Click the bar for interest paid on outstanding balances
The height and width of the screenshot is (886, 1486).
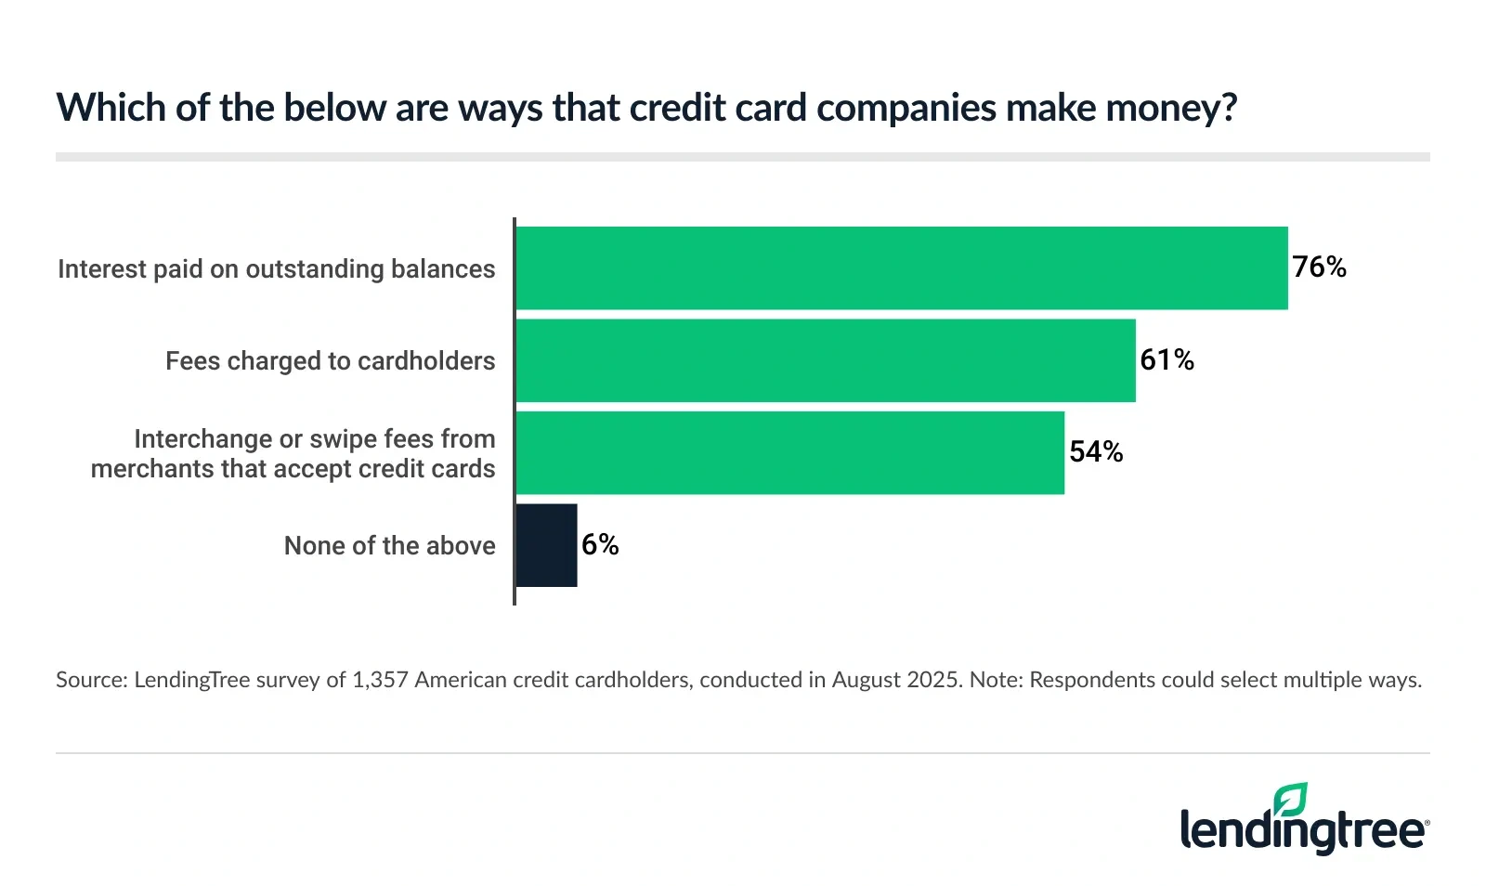pos(901,268)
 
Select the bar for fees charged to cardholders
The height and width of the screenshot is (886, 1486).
pos(825,360)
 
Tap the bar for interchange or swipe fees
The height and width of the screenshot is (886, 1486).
pos(789,453)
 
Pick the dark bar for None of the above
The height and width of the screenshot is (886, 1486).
pos(546,545)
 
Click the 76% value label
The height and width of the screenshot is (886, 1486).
pos(1319,267)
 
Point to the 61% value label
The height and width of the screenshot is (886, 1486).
pos(1167,360)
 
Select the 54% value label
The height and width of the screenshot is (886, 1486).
pos(1096,452)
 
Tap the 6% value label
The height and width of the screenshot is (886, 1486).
pos(600,545)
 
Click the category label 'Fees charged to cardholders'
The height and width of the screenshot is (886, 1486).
pos(330,361)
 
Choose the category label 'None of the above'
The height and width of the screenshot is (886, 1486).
pos(389,546)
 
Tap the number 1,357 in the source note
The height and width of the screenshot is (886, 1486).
pos(380,680)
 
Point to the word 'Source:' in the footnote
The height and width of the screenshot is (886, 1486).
pos(91,680)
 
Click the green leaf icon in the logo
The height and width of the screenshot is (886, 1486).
pos(1290,800)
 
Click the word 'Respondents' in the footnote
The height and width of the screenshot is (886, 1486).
pos(1089,680)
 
